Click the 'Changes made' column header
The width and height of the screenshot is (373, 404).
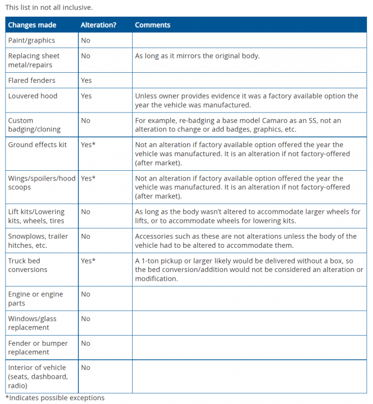pos(32,25)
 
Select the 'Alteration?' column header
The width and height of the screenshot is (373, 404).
pos(99,25)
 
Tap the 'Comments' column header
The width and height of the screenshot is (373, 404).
pos(153,25)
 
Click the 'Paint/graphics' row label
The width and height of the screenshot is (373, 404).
pos(31,40)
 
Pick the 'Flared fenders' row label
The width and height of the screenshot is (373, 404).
pos(31,80)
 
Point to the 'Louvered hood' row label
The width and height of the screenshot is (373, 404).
pos(32,96)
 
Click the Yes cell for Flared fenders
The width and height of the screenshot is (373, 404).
pos(86,80)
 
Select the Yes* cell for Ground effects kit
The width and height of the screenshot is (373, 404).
pos(88,145)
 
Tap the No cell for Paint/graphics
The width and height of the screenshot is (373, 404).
pos(86,40)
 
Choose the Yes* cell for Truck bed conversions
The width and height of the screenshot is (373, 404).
pos(88,261)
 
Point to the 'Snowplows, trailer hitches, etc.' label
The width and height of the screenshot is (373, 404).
pos(38,241)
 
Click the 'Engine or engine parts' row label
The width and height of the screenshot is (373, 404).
pos(36,298)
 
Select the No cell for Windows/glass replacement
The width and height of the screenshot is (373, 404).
pos(86,319)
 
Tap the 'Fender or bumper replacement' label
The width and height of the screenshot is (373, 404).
pos(38,347)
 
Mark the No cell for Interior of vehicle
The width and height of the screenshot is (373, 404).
pos(86,367)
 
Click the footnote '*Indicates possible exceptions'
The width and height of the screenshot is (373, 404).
pos(54,398)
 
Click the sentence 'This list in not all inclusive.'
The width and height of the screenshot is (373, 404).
pos(49,7)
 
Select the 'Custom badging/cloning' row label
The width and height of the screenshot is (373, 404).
pos(34,125)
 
